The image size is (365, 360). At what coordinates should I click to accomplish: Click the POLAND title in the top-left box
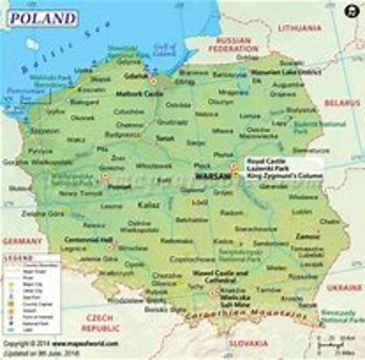tap(42, 17)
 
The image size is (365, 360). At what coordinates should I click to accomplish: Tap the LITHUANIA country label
tap(300, 28)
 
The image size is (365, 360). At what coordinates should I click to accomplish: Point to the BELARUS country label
tap(343, 102)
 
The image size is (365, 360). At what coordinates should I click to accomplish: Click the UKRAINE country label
tap(345, 286)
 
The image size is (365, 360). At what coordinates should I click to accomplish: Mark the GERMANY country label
tap(20, 241)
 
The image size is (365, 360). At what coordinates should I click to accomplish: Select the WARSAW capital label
tap(210, 176)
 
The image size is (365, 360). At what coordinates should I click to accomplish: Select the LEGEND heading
tap(16, 257)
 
